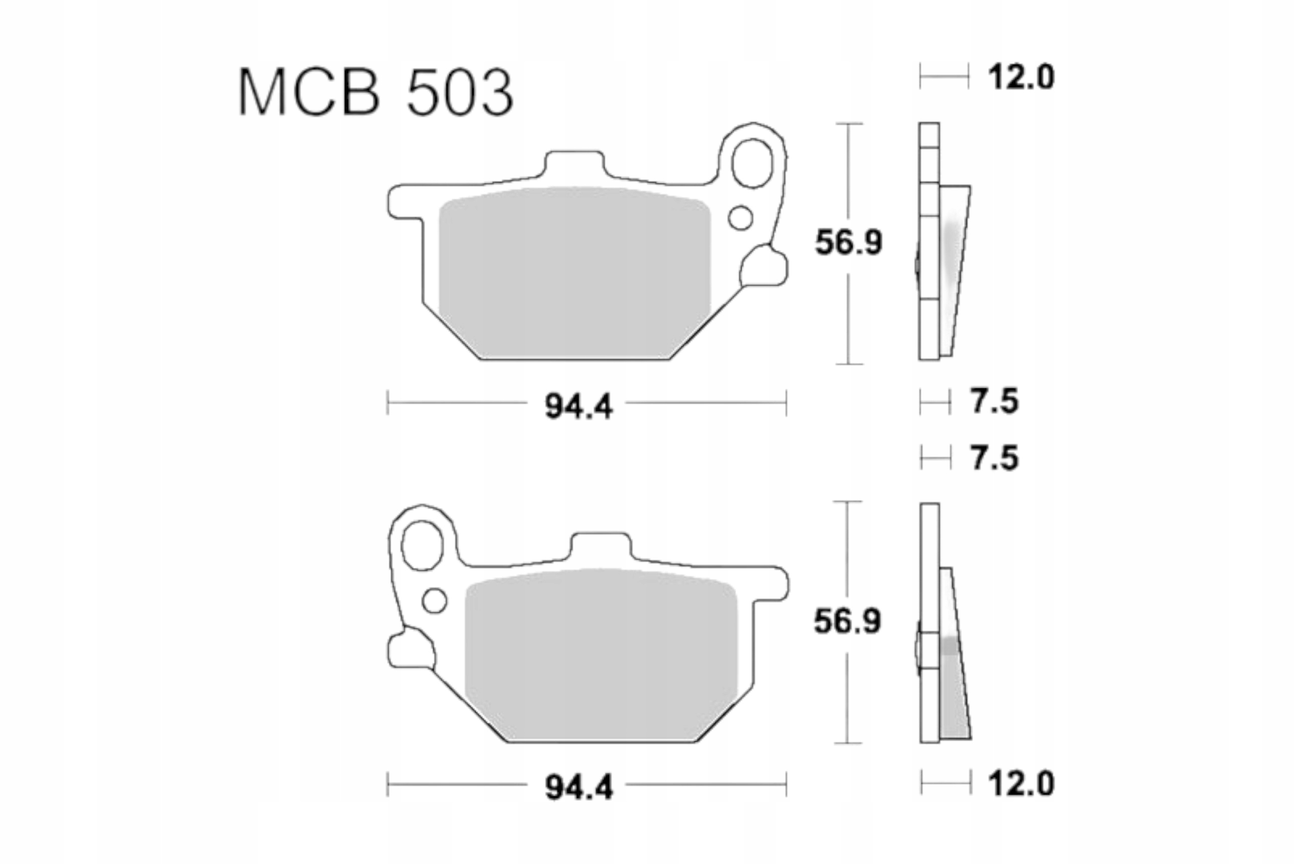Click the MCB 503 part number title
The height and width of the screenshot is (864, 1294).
(376, 92)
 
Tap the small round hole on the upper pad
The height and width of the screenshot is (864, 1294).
(741, 218)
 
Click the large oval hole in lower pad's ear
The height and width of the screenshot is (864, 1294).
(423, 545)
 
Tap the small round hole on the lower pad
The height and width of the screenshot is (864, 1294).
(435, 601)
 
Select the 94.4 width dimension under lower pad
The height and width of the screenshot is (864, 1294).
(578, 788)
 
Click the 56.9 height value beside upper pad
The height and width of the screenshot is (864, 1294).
(848, 243)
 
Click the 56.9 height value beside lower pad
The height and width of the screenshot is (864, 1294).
(847, 621)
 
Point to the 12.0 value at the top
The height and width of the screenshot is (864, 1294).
(1021, 77)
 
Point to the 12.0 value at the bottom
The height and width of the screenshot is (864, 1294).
(1021, 783)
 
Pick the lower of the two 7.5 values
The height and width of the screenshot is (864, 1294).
(994, 459)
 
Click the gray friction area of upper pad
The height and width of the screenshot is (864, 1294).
(575, 273)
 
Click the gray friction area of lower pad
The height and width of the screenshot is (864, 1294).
(600, 656)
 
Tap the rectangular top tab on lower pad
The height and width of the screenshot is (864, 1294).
(600, 547)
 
